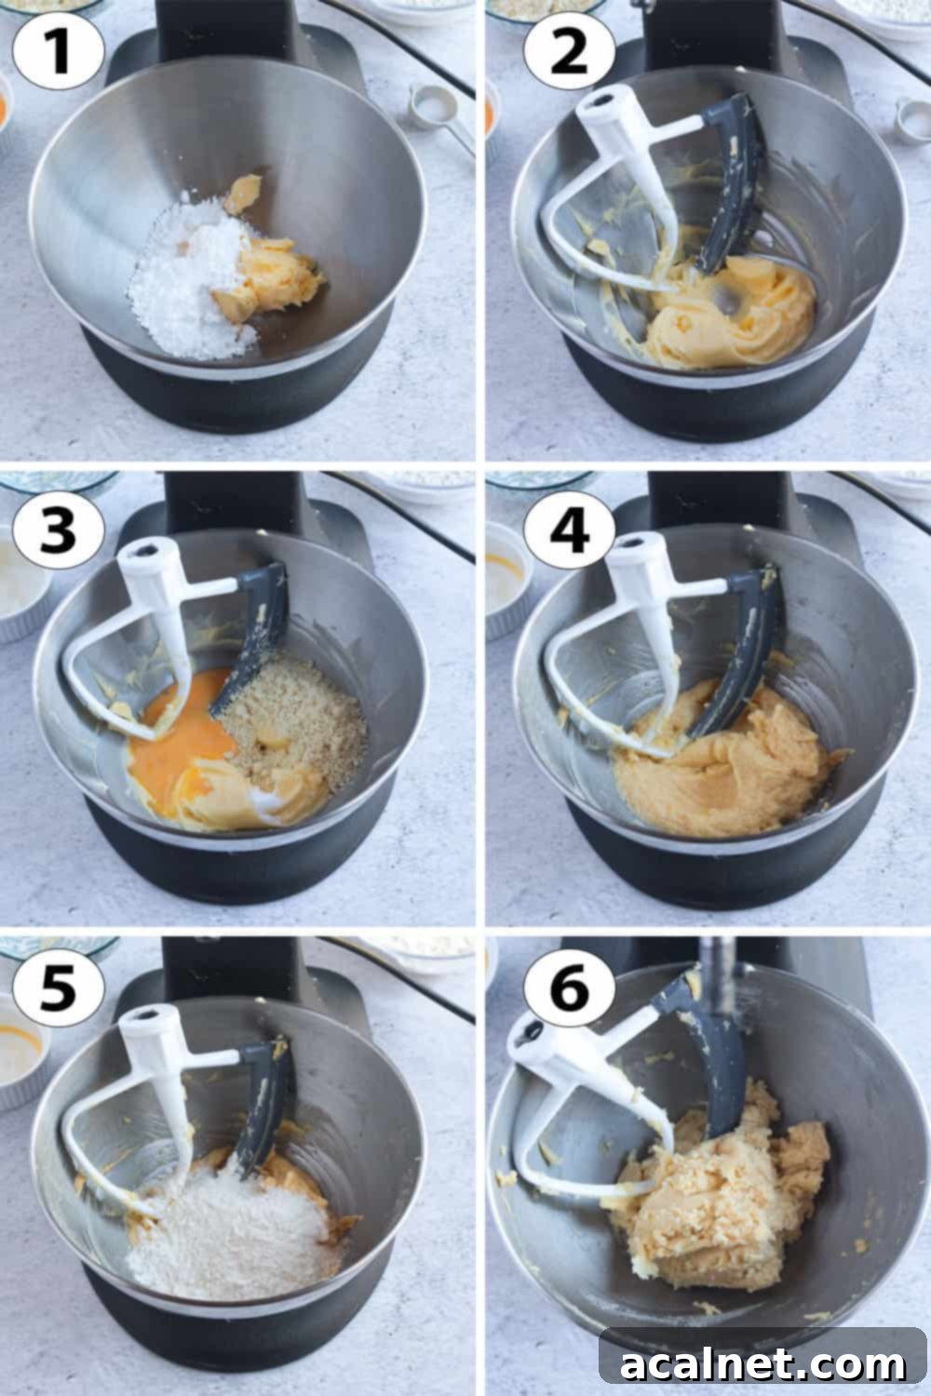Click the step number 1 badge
click(58, 51)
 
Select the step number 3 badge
click(58, 530)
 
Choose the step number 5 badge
click(58, 991)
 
